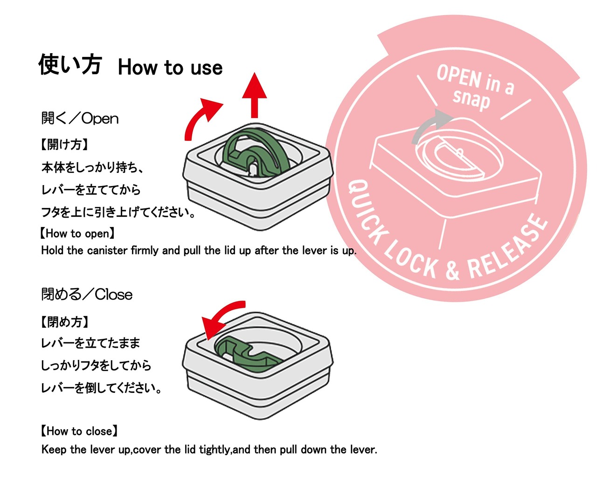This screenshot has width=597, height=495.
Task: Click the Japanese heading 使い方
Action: pos(69,64)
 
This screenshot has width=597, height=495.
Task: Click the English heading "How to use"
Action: pos(170,68)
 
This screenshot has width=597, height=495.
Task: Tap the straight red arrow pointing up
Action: pos(254,96)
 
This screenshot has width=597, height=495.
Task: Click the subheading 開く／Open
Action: pos(80,118)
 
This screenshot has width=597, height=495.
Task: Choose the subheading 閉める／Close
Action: pos(87,295)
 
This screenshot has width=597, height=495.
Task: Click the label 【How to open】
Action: pos(77,234)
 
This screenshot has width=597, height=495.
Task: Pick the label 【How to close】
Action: pos(79,431)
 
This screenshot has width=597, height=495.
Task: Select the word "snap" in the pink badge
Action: pos(471,100)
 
